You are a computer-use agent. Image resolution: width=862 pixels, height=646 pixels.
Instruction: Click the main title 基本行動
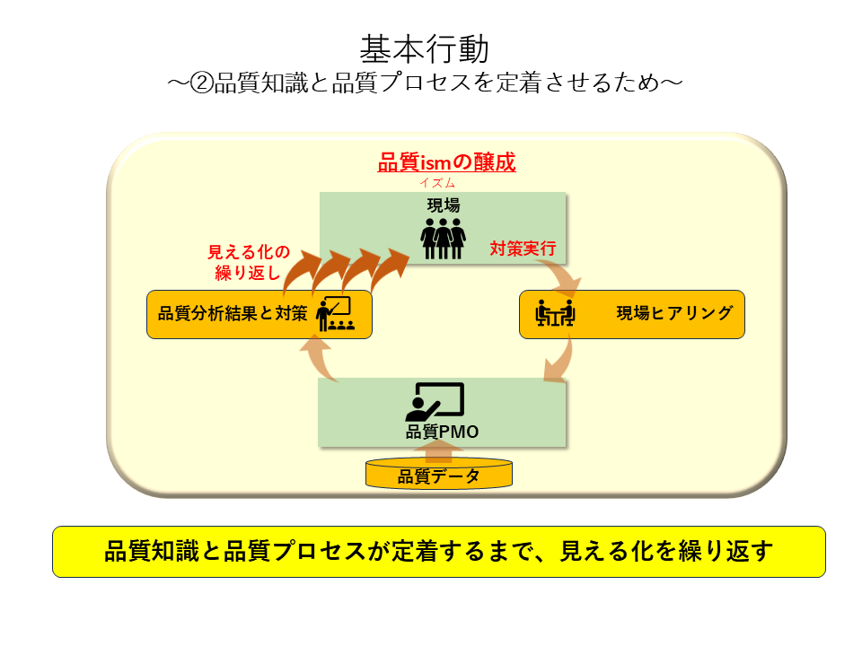coord(424,49)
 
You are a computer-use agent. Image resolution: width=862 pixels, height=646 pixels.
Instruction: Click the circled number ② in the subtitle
coord(201,83)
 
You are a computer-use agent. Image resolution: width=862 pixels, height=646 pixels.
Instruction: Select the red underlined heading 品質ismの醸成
coord(446,162)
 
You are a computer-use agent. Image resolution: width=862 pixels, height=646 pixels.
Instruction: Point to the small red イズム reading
coord(437,183)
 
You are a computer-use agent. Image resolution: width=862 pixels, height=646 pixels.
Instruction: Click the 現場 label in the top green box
coord(443,205)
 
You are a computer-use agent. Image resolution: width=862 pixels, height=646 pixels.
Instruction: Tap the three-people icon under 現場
coord(443,239)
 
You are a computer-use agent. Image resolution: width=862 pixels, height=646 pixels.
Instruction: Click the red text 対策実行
coord(523,249)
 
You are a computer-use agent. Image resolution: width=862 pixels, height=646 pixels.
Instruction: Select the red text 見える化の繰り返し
coord(249,262)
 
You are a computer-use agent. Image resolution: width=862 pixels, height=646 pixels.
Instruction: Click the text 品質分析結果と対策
coord(233,314)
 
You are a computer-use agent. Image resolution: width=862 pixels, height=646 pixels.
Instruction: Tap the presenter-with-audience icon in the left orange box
coord(335,314)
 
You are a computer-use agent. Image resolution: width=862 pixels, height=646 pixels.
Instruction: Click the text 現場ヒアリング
coord(674,313)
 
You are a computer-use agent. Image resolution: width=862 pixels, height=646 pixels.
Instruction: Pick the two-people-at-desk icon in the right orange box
coord(555,313)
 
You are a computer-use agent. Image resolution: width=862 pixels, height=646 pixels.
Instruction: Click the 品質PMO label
coord(442,432)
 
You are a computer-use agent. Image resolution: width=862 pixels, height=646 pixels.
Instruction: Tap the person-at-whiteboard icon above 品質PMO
coord(435,402)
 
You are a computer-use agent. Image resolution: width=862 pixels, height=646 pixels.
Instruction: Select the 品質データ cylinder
coord(439,474)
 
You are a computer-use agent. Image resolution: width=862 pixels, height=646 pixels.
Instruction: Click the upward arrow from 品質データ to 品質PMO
coord(438,450)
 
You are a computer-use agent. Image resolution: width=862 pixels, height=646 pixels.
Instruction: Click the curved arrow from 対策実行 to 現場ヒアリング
coord(564,277)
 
